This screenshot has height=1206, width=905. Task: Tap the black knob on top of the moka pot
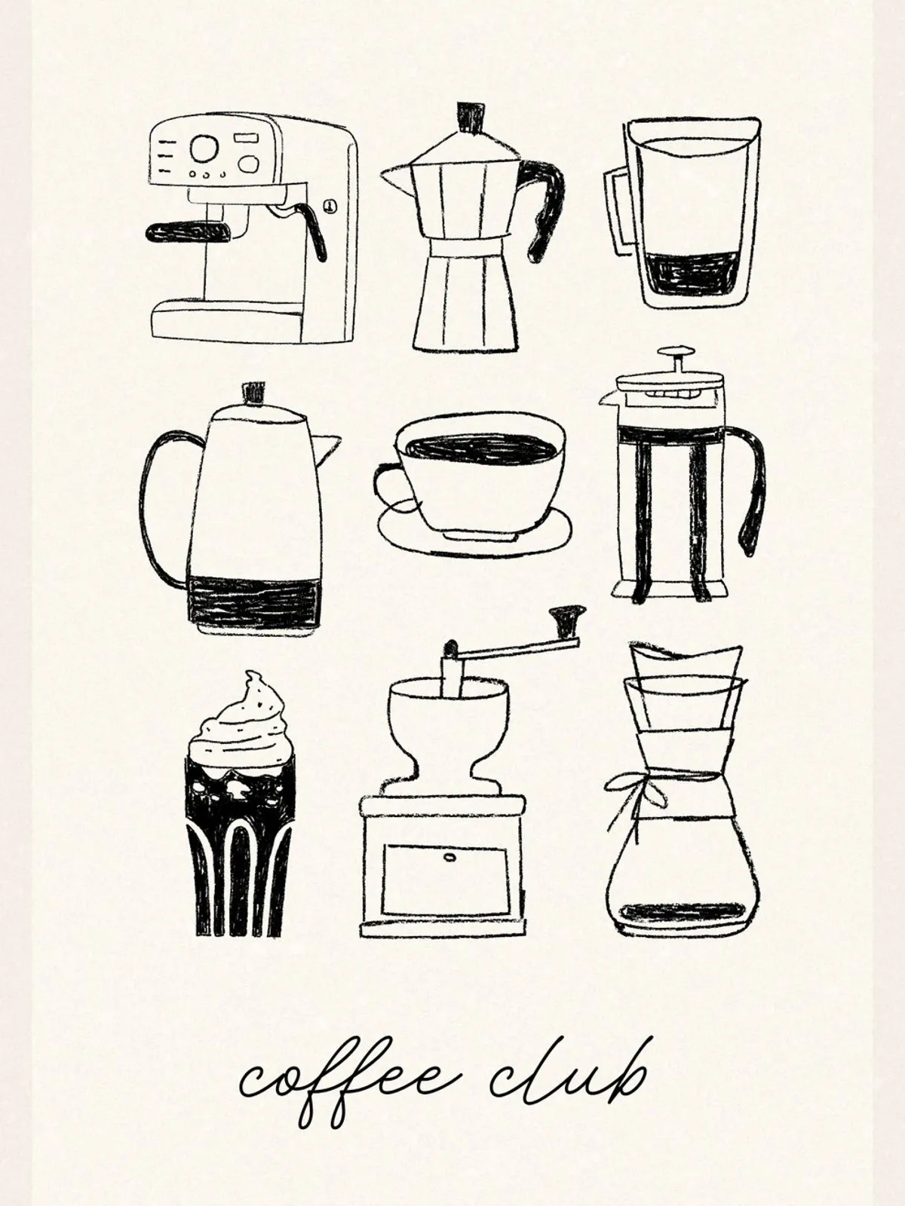click(471, 117)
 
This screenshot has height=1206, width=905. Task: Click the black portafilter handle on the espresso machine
click(187, 232)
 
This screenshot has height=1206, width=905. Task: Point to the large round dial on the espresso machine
click(204, 148)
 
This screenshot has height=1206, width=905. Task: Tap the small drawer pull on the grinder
click(449, 857)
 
